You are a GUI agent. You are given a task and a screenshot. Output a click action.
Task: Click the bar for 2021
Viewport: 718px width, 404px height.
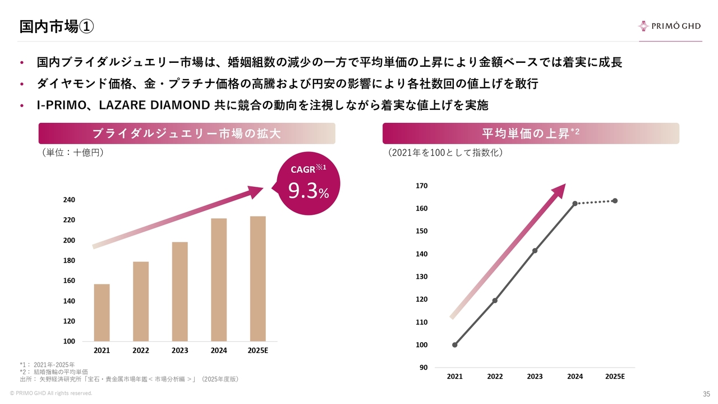click(102, 313)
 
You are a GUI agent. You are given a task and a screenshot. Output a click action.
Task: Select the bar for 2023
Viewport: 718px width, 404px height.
click(179, 291)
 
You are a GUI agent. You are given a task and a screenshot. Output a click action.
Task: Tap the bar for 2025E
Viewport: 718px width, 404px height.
click(257, 278)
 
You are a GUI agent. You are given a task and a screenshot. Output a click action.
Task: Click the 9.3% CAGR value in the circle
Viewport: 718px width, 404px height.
click(308, 191)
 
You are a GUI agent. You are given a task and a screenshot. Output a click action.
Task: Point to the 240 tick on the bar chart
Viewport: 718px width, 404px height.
click(68, 200)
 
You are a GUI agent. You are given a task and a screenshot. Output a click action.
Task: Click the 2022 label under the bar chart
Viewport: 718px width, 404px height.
click(141, 351)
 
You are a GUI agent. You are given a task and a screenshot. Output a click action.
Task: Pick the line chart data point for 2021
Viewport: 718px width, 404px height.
click(454, 345)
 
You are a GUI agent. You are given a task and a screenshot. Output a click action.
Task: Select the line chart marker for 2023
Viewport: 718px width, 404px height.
click(535, 250)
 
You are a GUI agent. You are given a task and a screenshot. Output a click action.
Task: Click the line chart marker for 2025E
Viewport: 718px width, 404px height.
click(615, 200)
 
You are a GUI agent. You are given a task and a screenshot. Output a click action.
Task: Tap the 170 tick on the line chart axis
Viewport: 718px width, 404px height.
click(422, 186)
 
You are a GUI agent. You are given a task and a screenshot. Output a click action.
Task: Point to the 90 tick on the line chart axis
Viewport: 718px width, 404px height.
click(424, 368)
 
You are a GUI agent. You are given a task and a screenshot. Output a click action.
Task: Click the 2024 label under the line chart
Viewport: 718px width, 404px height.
click(575, 377)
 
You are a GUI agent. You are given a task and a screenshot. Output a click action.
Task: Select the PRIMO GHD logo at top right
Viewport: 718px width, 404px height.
click(669, 26)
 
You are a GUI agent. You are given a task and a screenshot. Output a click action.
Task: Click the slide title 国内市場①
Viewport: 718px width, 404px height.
click(56, 26)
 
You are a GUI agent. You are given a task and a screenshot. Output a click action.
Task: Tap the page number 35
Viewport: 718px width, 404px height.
click(706, 393)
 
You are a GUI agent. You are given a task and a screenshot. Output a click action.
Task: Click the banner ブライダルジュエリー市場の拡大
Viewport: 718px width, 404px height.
click(186, 134)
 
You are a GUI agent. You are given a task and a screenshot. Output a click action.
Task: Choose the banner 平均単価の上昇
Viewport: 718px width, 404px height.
click(530, 134)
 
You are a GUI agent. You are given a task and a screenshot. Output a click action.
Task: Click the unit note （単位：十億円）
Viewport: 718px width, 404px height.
click(72, 152)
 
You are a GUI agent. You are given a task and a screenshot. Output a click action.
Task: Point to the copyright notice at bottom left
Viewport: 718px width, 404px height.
click(51, 393)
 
